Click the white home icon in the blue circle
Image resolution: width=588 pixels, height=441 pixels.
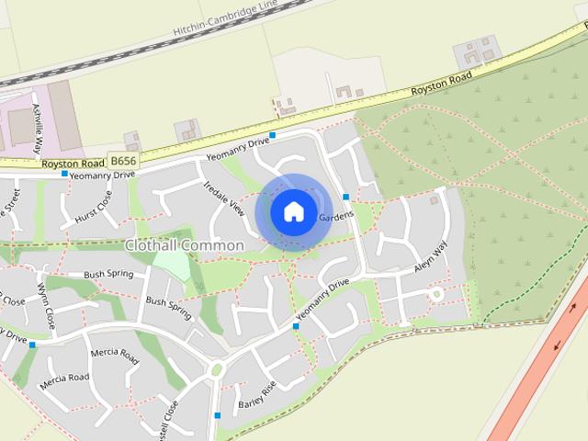293,211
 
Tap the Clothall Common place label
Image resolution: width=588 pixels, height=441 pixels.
185,245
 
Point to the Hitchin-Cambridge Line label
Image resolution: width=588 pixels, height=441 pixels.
224,19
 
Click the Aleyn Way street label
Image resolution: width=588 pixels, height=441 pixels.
430,254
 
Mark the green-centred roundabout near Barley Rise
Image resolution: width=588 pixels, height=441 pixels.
218,370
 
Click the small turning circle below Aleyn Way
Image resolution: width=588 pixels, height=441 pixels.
437,294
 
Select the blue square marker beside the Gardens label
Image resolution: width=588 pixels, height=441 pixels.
345,197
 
